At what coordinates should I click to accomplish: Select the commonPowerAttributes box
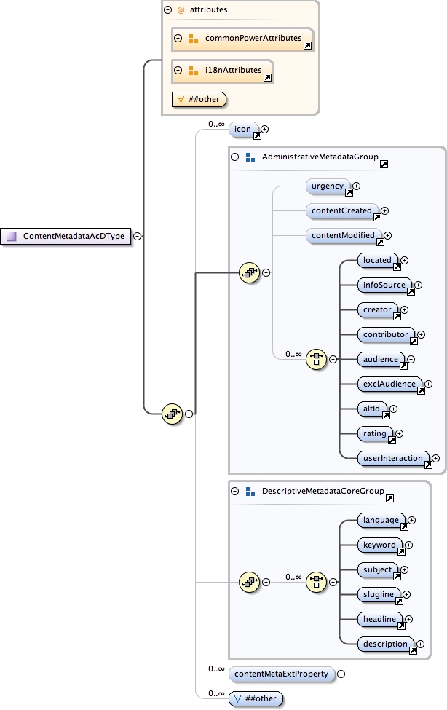242,38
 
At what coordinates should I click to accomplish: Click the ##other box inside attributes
199,99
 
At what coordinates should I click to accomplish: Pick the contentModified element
344,236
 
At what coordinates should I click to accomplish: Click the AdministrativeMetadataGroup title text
309,157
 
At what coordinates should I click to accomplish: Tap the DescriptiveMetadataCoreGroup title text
312,492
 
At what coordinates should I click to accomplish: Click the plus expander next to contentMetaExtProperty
341,674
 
